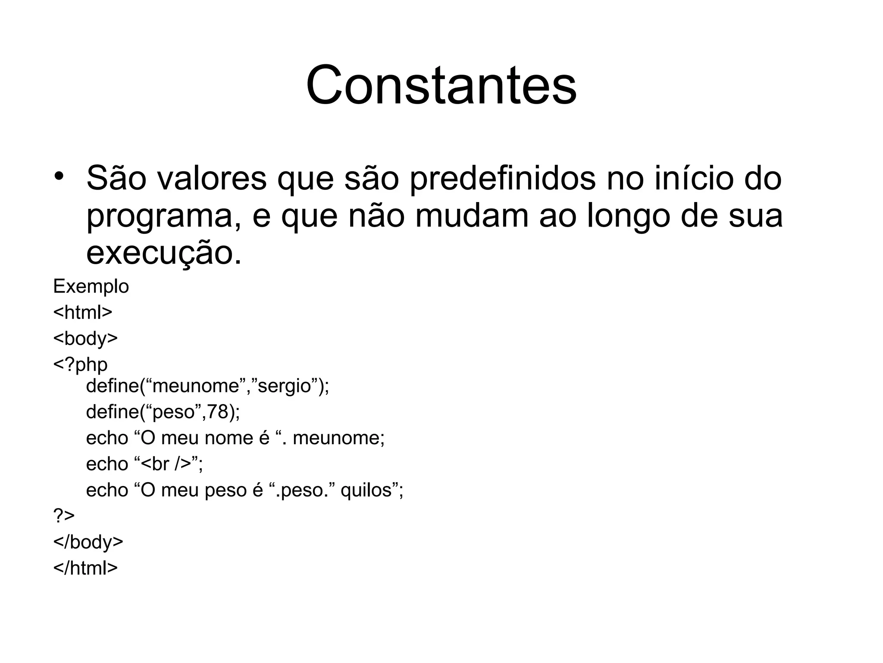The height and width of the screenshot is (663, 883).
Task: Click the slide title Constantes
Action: click(441, 85)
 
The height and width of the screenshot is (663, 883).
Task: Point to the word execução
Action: click(164, 254)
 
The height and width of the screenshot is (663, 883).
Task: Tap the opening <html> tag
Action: click(83, 312)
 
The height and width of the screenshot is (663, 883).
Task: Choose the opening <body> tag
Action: click(85, 338)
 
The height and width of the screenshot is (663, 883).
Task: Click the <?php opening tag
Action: click(80, 365)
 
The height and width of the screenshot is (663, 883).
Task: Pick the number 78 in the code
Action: click(217, 412)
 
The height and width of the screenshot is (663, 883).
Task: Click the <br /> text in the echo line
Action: click(166, 464)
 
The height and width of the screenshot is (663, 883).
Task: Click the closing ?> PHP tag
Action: click(64, 516)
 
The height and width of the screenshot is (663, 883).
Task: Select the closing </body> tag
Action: click(88, 542)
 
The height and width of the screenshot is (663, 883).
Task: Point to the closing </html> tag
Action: click(85, 568)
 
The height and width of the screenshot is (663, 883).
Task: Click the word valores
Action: click(211, 179)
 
